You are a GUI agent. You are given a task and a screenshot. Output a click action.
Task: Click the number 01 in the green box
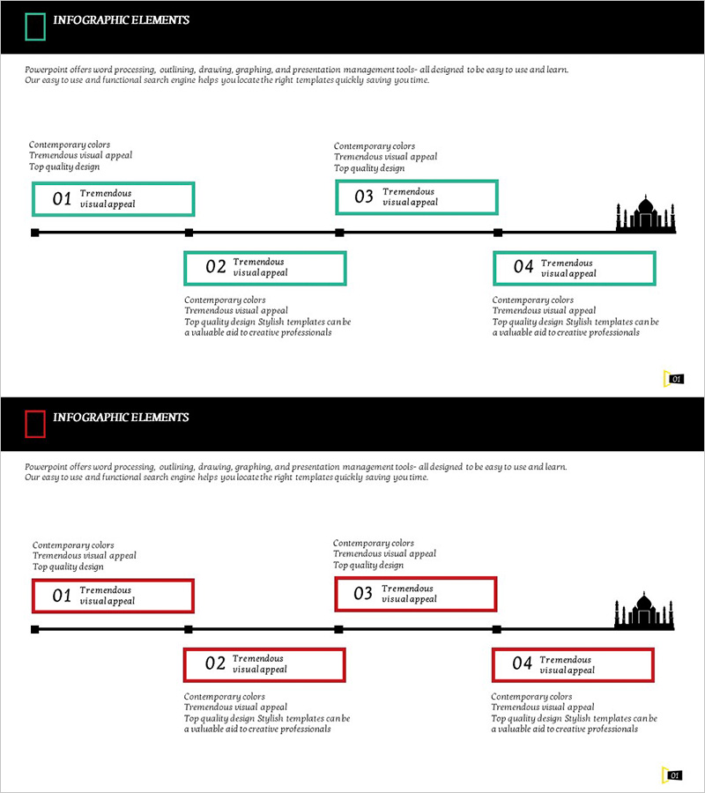(x=62, y=199)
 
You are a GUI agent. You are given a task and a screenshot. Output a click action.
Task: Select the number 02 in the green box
(x=216, y=267)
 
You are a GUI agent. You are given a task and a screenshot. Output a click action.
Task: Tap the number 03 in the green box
(x=364, y=196)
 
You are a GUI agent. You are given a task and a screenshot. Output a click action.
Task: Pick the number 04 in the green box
(x=523, y=267)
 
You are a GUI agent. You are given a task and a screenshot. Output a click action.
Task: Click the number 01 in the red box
(x=62, y=596)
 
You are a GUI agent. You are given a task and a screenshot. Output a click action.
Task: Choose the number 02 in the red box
(x=215, y=664)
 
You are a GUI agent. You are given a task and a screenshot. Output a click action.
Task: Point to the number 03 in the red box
(x=363, y=594)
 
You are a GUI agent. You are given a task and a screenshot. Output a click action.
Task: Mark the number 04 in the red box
(x=523, y=664)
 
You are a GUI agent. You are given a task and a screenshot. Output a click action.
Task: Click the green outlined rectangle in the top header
(x=35, y=27)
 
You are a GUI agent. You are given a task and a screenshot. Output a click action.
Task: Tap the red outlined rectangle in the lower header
(x=35, y=424)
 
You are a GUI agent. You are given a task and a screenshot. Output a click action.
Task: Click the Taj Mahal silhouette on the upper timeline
(x=646, y=214)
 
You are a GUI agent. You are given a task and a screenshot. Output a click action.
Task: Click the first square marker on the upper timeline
(x=35, y=233)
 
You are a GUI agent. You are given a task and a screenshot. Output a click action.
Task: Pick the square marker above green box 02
(x=189, y=233)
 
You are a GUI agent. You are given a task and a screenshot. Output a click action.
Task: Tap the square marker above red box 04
(x=497, y=629)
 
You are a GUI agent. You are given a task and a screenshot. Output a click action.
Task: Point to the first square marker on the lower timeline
(x=35, y=629)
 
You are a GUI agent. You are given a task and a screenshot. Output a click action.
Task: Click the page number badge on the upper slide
(x=675, y=379)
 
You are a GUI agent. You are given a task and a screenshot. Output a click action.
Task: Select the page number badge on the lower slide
(x=674, y=775)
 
